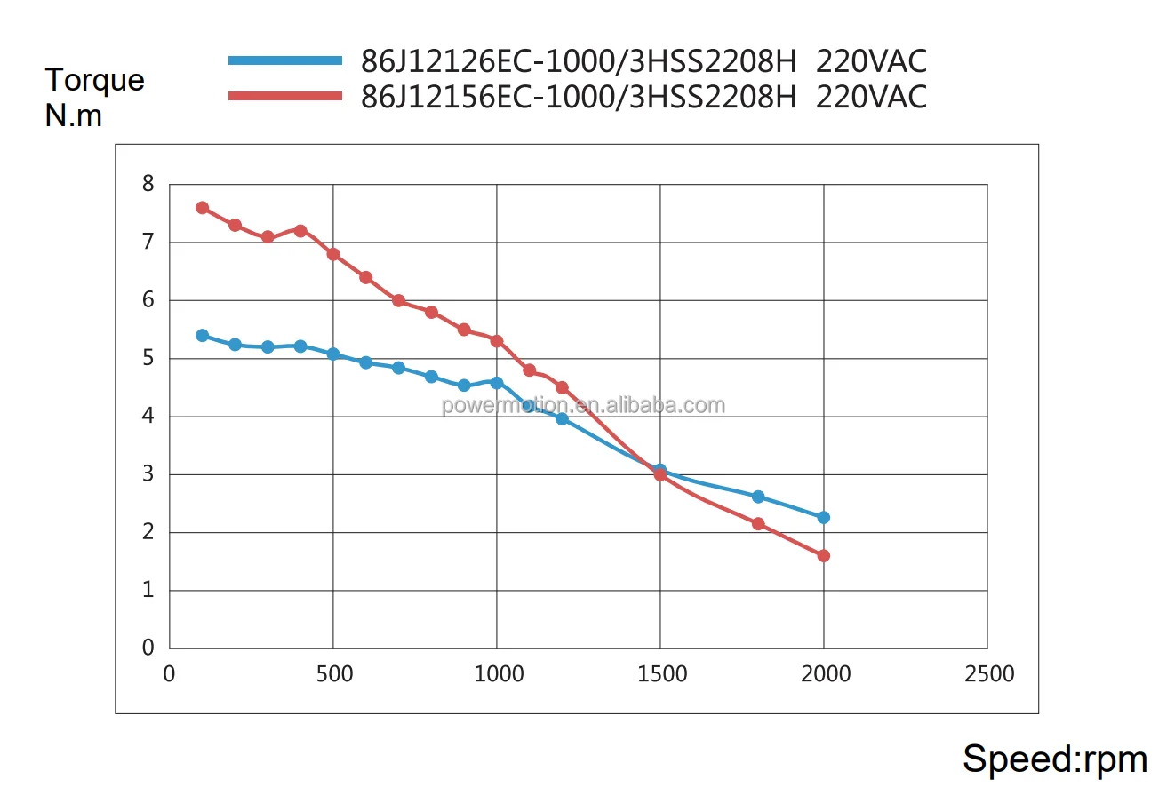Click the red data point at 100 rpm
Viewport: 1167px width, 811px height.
202,208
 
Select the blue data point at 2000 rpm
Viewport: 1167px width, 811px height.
823,517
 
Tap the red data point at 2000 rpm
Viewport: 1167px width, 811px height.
823,556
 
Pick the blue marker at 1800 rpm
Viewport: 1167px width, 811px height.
758,497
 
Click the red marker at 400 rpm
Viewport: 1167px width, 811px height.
300,231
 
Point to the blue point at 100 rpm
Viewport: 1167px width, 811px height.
202,336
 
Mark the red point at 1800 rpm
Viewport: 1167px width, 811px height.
758,524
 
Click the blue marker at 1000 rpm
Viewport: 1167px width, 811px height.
497,383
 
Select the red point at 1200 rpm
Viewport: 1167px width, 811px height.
562,387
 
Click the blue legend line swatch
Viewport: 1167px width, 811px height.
285,60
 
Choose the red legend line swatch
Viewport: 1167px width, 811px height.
285,96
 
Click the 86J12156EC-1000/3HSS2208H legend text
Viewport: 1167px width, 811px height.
578,96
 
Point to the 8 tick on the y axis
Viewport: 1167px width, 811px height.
148,185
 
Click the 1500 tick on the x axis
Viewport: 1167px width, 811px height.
660,674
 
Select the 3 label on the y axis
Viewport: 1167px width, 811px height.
148,474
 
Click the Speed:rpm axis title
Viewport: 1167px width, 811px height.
1055,759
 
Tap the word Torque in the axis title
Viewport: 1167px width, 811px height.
94,80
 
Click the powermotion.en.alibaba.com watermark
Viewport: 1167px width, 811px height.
583,406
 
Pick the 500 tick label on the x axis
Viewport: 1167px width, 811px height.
333,674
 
